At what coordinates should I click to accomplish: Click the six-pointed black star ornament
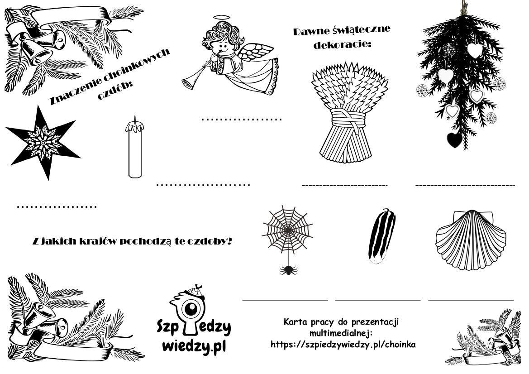(x=43, y=143)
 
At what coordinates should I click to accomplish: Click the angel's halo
(x=220, y=18)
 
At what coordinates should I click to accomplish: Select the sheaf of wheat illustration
(x=349, y=112)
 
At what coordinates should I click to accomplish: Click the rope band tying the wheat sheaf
(x=348, y=120)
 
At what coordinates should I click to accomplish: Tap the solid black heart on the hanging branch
(x=454, y=140)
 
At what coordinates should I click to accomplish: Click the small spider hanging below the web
(x=288, y=269)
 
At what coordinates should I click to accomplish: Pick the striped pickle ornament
(x=382, y=235)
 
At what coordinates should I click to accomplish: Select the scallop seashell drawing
(x=471, y=240)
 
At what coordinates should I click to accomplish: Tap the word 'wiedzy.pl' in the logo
(x=194, y=346)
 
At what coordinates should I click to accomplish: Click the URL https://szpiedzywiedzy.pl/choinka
(x=343, y=344)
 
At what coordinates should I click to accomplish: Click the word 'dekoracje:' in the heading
(x=342, y=44)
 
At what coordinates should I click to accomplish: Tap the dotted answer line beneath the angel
(x=242, y=119)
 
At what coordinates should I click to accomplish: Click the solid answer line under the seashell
(x=471, y=299)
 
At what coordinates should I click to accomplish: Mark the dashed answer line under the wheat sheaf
(x=345, y=185)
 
